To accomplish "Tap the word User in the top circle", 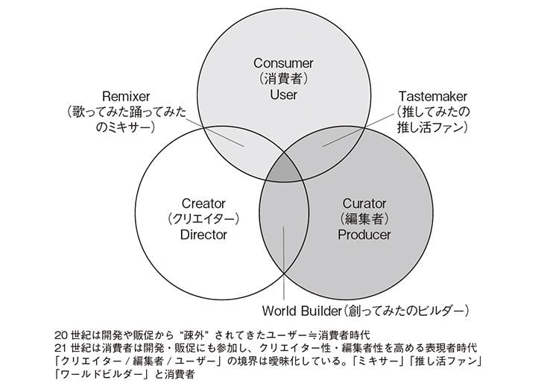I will [283, 95].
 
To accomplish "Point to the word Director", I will [203, 235].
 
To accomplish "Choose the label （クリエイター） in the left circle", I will [203, 219].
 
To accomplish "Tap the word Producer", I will [364, 235].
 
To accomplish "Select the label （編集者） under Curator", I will [364, 219].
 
